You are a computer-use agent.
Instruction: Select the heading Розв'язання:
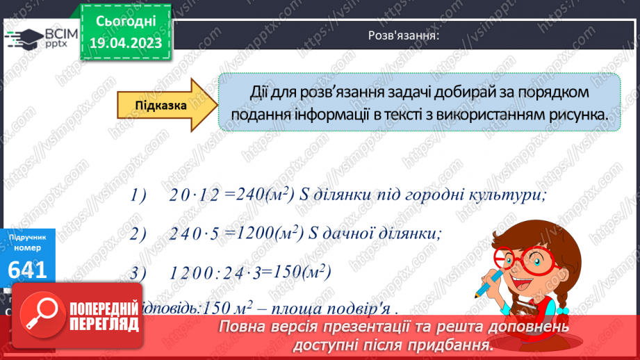[403, 36]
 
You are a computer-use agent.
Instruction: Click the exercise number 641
[28, 270]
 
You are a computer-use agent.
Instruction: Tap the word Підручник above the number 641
[28, 238]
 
